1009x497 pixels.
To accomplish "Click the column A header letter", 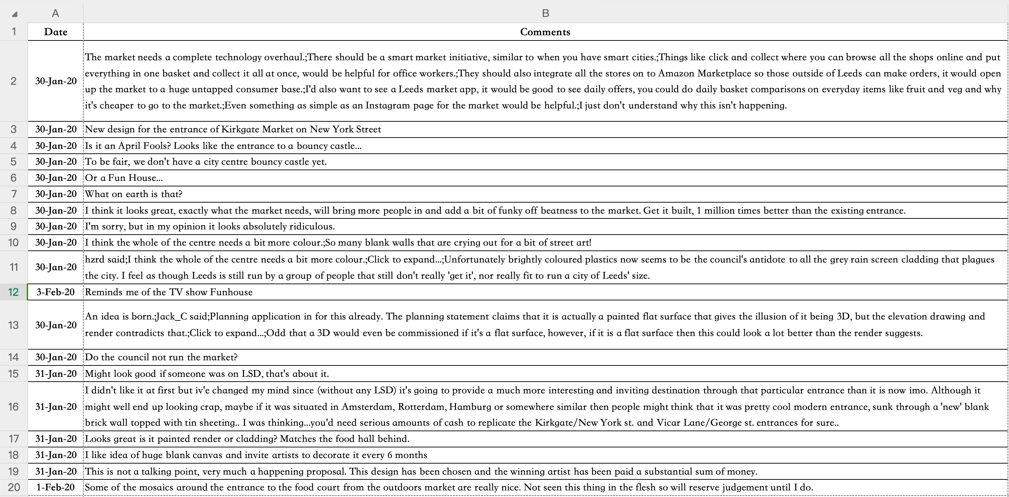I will tap(55, 13).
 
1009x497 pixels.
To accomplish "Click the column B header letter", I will tap(545, 13).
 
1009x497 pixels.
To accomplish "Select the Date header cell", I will tap(56, 32).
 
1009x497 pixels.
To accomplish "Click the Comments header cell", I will tap(545, 32).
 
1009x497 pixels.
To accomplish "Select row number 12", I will tap(13, 292).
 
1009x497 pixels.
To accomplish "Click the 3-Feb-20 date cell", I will tap(56, 292).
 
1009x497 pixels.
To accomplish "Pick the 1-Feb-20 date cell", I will tap(56, 487).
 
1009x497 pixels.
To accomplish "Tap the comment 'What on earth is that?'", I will tap(134, 194).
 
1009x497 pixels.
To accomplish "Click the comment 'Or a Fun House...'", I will tap(124, 178).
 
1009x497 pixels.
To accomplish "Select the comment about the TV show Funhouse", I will tap(169, 292).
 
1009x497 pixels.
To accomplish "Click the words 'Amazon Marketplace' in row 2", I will tap(704, 73).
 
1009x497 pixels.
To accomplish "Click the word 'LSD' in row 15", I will tap(251, 374).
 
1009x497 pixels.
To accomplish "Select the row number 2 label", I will tap(13, 81).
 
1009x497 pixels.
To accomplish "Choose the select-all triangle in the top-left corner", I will tap(14, 14).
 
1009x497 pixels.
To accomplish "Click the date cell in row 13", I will tap(56, 325).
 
